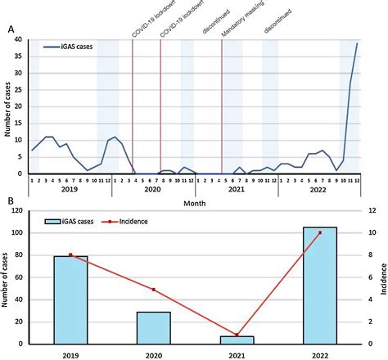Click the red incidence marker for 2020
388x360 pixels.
[154, 290]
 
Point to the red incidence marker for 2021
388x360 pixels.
[237, 335]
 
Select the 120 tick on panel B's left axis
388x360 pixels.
[15, 210]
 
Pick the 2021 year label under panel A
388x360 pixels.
[237, 189]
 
